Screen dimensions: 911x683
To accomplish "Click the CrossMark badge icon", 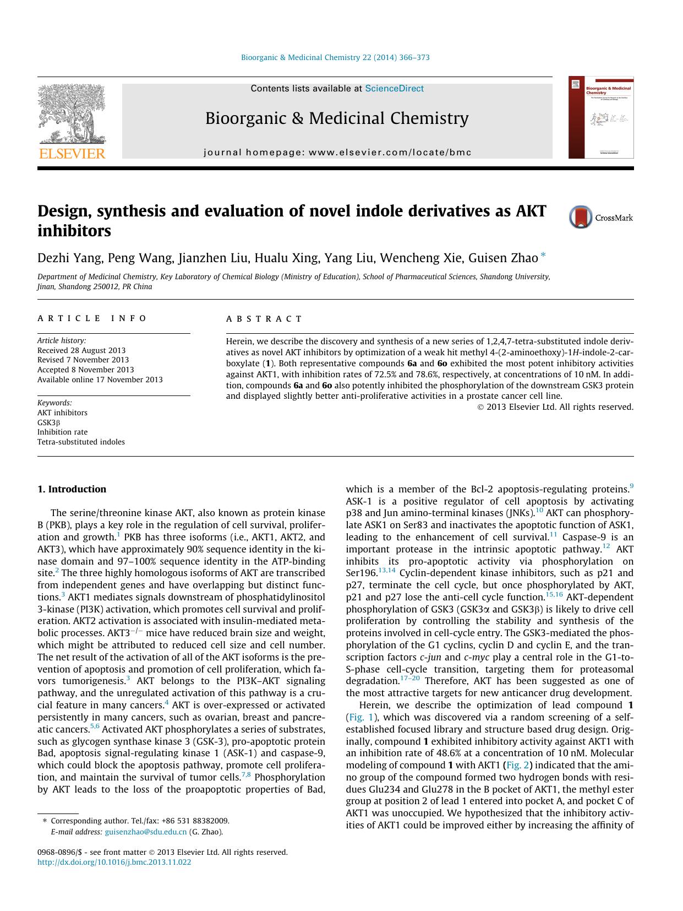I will click(581, 217).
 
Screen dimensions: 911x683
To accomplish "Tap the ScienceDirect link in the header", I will click(394, 89).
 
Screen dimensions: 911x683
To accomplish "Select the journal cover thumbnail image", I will click(600, 118).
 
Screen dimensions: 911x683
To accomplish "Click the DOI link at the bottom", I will click(114, 863).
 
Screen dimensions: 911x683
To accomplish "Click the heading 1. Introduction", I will click(72, 489).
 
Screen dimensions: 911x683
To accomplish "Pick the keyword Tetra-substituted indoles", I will click(81, 442).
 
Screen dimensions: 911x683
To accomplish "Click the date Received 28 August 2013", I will click(81, 350).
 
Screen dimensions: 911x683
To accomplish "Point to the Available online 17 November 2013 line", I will click(100, 379).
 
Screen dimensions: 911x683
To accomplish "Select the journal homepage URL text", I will click(337, 153).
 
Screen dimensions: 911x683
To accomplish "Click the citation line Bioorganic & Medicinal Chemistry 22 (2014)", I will click(335, 57).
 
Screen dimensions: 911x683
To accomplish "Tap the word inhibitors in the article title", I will click(74, 231).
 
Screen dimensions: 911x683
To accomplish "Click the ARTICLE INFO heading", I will click(92, 318).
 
